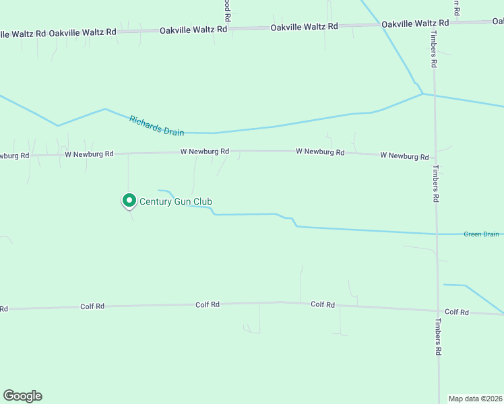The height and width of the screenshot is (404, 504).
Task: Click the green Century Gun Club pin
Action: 129,200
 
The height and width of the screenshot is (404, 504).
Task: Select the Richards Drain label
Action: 156,125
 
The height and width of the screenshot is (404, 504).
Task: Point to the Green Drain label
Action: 481,234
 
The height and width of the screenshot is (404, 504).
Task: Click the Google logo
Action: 22,396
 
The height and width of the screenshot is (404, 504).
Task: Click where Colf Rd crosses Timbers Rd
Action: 439,311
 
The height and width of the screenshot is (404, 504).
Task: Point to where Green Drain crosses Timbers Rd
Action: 437,234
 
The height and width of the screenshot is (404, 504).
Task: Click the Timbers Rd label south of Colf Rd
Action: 439,337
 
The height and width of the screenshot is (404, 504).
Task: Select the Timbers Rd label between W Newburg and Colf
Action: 436,184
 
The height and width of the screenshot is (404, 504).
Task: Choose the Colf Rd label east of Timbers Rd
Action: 456,312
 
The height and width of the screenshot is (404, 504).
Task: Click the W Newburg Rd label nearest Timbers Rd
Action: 404,156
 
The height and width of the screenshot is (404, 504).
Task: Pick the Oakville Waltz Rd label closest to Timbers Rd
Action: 406,24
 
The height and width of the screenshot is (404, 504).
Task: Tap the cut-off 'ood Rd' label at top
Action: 228,9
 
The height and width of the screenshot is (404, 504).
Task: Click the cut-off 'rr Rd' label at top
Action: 456,7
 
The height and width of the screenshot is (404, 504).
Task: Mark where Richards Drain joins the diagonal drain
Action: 422,94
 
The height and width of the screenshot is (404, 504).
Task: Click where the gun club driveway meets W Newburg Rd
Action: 128,154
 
